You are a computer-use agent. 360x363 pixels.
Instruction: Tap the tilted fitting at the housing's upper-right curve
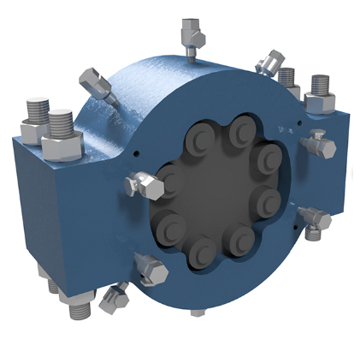click(x=272, y=62)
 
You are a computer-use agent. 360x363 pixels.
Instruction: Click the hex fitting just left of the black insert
click(x=144, y=182)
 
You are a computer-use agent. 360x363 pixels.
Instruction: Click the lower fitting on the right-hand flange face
click(x=315, y=221)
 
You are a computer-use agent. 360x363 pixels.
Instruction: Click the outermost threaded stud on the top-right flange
click(x=320, y=87)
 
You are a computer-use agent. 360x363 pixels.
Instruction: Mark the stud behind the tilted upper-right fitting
click(x=286, y=79)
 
